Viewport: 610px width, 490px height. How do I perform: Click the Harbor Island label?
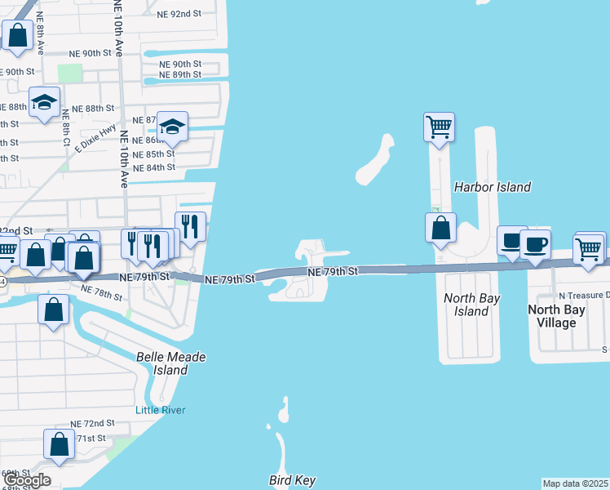point(492,187)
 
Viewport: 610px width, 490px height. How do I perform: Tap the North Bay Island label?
point(471,305)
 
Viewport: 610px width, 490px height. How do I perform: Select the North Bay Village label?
point(564,315)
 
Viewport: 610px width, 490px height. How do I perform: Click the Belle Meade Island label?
point(171,363)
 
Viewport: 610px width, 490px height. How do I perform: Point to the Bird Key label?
point(292,480)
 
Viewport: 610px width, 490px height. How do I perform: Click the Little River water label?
point(161,410)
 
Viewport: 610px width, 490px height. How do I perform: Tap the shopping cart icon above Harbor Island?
point(439,127)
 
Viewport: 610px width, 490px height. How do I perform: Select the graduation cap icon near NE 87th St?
point(172,126)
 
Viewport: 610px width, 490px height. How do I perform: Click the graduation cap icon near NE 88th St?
point(44,102)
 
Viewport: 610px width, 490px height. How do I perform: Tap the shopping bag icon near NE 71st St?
point(60,444)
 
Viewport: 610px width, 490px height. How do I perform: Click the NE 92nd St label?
point(179,14)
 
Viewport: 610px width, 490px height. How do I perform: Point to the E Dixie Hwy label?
point(96,139)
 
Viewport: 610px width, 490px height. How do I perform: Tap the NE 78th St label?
point(102,292)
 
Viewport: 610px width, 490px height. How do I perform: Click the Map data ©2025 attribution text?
point(576,483)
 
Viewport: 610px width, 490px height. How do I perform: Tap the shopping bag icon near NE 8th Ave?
point(17,35)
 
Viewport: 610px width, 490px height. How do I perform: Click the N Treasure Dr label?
point(583,295)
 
